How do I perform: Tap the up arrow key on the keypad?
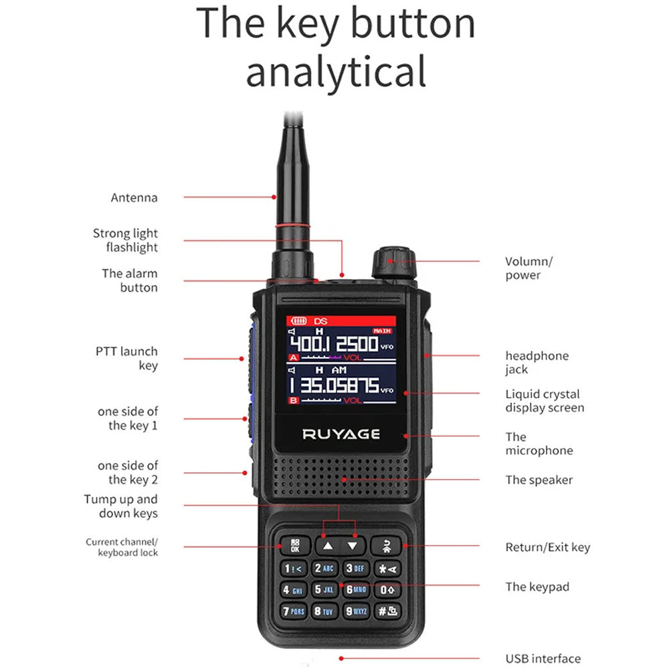click(x=327, y=545)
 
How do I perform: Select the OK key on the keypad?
click(x=295, y=545)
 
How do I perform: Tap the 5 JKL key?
click(x=324, y=589)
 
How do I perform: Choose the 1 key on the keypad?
click(x=294, y=569)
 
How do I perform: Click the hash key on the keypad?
click(x=387, y=610)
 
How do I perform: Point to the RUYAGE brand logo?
click(x=341, y=434)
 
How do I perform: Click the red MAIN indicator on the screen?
click(x=382, y=330)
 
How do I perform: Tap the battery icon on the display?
click(x=298, y=321)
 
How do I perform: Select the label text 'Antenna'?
click(x=134, y=197)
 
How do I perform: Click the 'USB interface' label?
click(x=543, y=659)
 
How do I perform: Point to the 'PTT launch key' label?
click(x=126, y=358)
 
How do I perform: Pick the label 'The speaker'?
click(x=539, y=480)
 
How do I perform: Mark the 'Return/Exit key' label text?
click(x=547, y=547)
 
